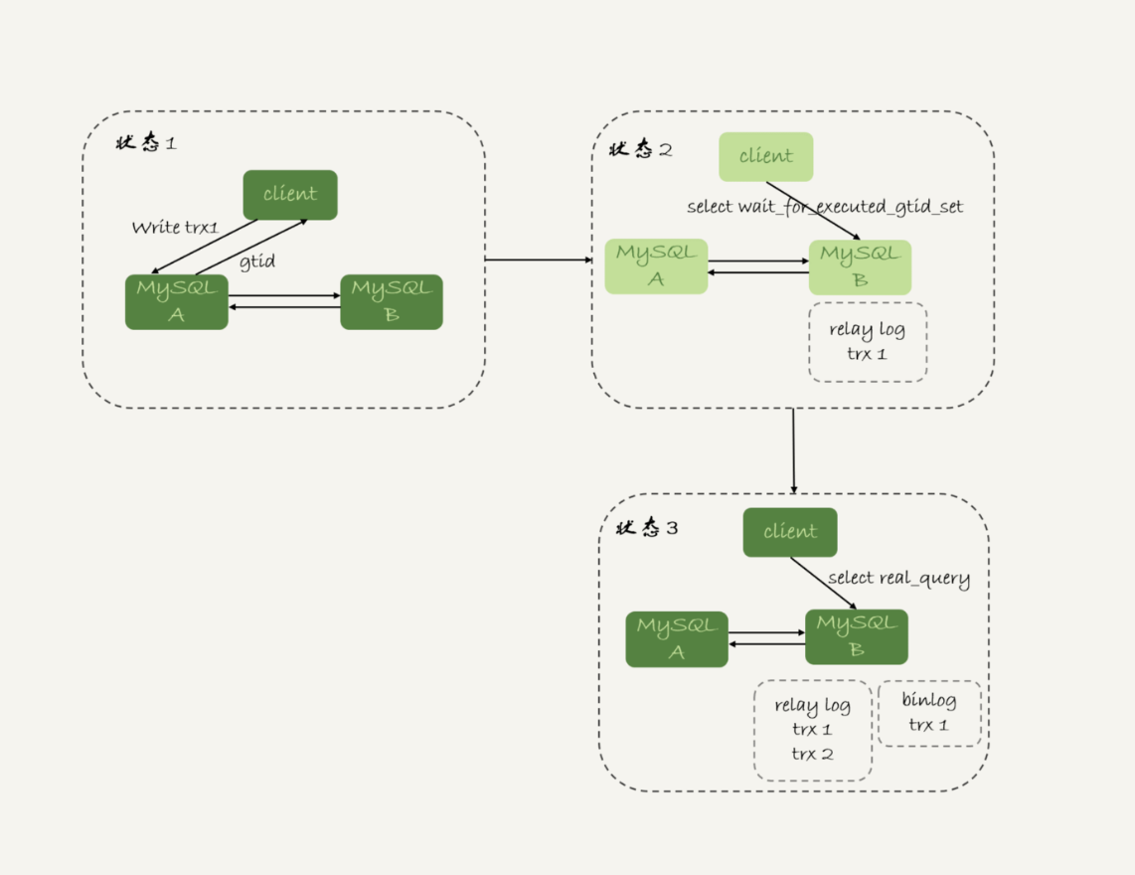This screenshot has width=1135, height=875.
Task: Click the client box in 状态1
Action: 290,195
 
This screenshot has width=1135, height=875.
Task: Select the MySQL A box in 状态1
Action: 176,302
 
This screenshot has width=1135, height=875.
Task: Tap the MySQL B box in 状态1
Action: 392,302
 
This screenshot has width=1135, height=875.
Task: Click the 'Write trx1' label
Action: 175,228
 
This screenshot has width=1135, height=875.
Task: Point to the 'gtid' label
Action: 257,262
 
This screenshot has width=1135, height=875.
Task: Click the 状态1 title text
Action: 146,143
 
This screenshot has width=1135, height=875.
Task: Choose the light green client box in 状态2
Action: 765,157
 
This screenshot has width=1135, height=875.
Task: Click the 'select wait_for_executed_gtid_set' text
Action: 825,207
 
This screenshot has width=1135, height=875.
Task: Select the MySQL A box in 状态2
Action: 656,266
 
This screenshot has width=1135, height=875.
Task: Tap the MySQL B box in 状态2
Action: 860,266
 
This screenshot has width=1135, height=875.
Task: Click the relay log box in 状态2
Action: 868,342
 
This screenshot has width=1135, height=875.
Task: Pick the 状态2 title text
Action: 640,150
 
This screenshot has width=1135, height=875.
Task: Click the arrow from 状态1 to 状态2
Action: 538,261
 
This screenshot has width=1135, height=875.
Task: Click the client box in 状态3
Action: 790,532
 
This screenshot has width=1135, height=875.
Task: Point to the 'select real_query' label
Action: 898,579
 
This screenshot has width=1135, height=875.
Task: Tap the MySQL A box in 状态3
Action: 677,639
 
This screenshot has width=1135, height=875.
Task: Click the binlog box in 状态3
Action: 929,713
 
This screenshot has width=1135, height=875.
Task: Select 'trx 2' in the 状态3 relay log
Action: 812,755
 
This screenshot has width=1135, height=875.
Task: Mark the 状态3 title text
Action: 647,528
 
